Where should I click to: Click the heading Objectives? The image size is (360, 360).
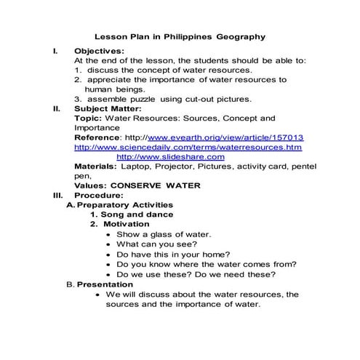point(99,51)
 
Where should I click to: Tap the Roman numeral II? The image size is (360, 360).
point(57,108)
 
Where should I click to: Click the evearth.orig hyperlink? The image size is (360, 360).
point(225,137)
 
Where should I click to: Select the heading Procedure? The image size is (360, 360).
point(100,195)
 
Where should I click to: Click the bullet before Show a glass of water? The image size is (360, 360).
point(109,235)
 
